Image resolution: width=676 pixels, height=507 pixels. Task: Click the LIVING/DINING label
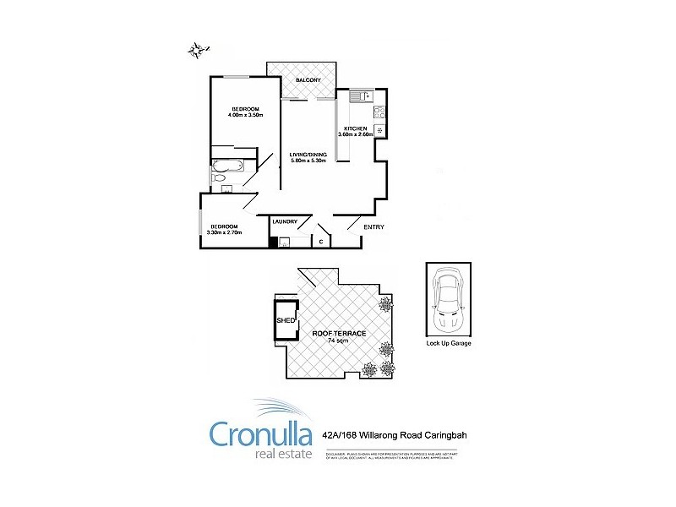[x=307, y=155]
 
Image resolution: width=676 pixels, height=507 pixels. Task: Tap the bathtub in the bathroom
[x=227, y=165]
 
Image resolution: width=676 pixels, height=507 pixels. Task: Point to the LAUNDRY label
[x=285, y=221]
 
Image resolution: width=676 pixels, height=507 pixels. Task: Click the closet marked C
[x=321, y=243]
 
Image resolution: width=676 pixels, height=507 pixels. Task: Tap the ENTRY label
[x=373, y=227]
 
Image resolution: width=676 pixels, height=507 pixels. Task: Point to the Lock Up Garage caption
[x=448, y=345]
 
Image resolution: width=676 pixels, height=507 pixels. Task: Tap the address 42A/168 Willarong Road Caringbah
[x=395, y=435]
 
